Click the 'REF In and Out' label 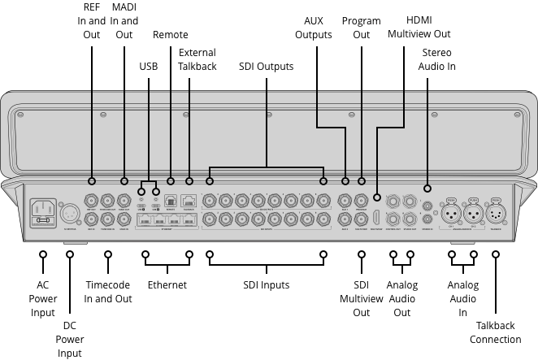(92, 22)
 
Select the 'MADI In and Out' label (124, 22)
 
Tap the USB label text (149, 65)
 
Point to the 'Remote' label (171, 35)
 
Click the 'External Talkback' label (197, 59)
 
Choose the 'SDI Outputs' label (266, 65)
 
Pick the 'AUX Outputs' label (314, 28)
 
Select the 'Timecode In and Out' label (107, 293)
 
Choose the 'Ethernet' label (167, 285)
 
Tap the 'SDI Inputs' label (266, 285)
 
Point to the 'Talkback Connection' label (495, 332)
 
